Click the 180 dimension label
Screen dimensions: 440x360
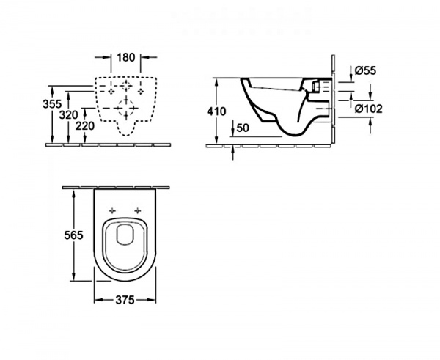tap(126, 57)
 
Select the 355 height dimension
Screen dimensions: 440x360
tap(52, 104)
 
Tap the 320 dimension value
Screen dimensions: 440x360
tap(68, 115)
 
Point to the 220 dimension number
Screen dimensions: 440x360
tap(85, 126)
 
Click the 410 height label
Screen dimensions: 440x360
tap(216, 111)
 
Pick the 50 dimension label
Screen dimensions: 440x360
tap(243, 128)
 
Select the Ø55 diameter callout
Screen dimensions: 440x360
tap(365, 70)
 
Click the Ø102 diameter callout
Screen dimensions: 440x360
tap(368, 109)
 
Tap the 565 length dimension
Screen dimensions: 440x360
tap(73, 235)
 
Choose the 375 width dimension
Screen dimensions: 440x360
tap(125, 300)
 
